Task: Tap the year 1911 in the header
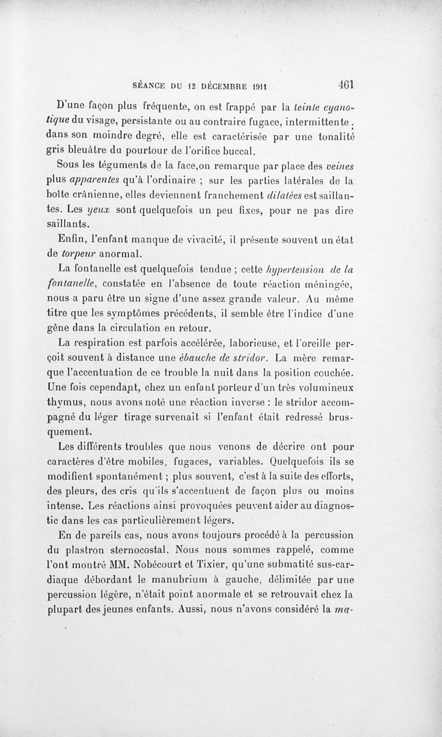coord(256,86)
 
